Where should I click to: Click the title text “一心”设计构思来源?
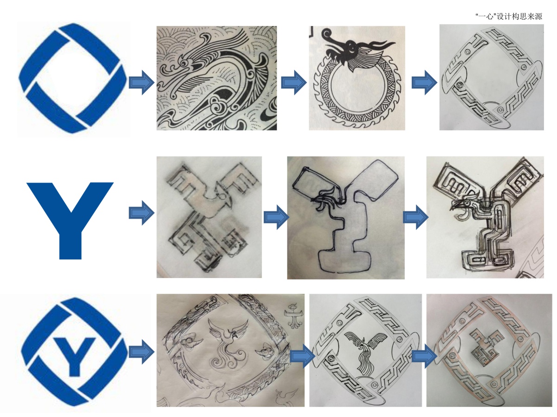click(x=509, y=17)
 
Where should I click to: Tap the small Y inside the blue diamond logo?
click(x=75, y=356)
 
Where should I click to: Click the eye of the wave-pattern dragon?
click(x=184, y=63)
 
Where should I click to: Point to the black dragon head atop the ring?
click(x=355, y=48)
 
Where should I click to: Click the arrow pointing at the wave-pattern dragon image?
click(x=142, y=82)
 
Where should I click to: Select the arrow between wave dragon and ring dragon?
click(x=294, y=82)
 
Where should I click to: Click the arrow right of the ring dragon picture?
click(x=424, y=82)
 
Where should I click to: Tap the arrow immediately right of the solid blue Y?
click(x=142, y=213)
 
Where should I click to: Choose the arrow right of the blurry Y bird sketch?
click(x=276, y=217)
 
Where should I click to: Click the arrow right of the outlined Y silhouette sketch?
click(x=415, y=217)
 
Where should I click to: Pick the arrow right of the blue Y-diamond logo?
click(x=142, y=352)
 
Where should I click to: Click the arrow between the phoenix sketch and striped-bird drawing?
click(x=303, y=356)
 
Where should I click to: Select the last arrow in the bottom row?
click(x=424, y=356)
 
